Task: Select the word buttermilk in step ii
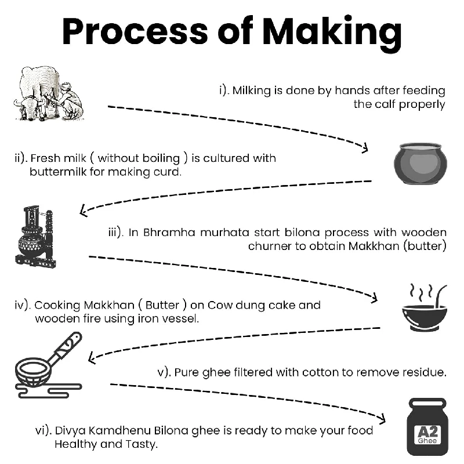coord(59,172)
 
